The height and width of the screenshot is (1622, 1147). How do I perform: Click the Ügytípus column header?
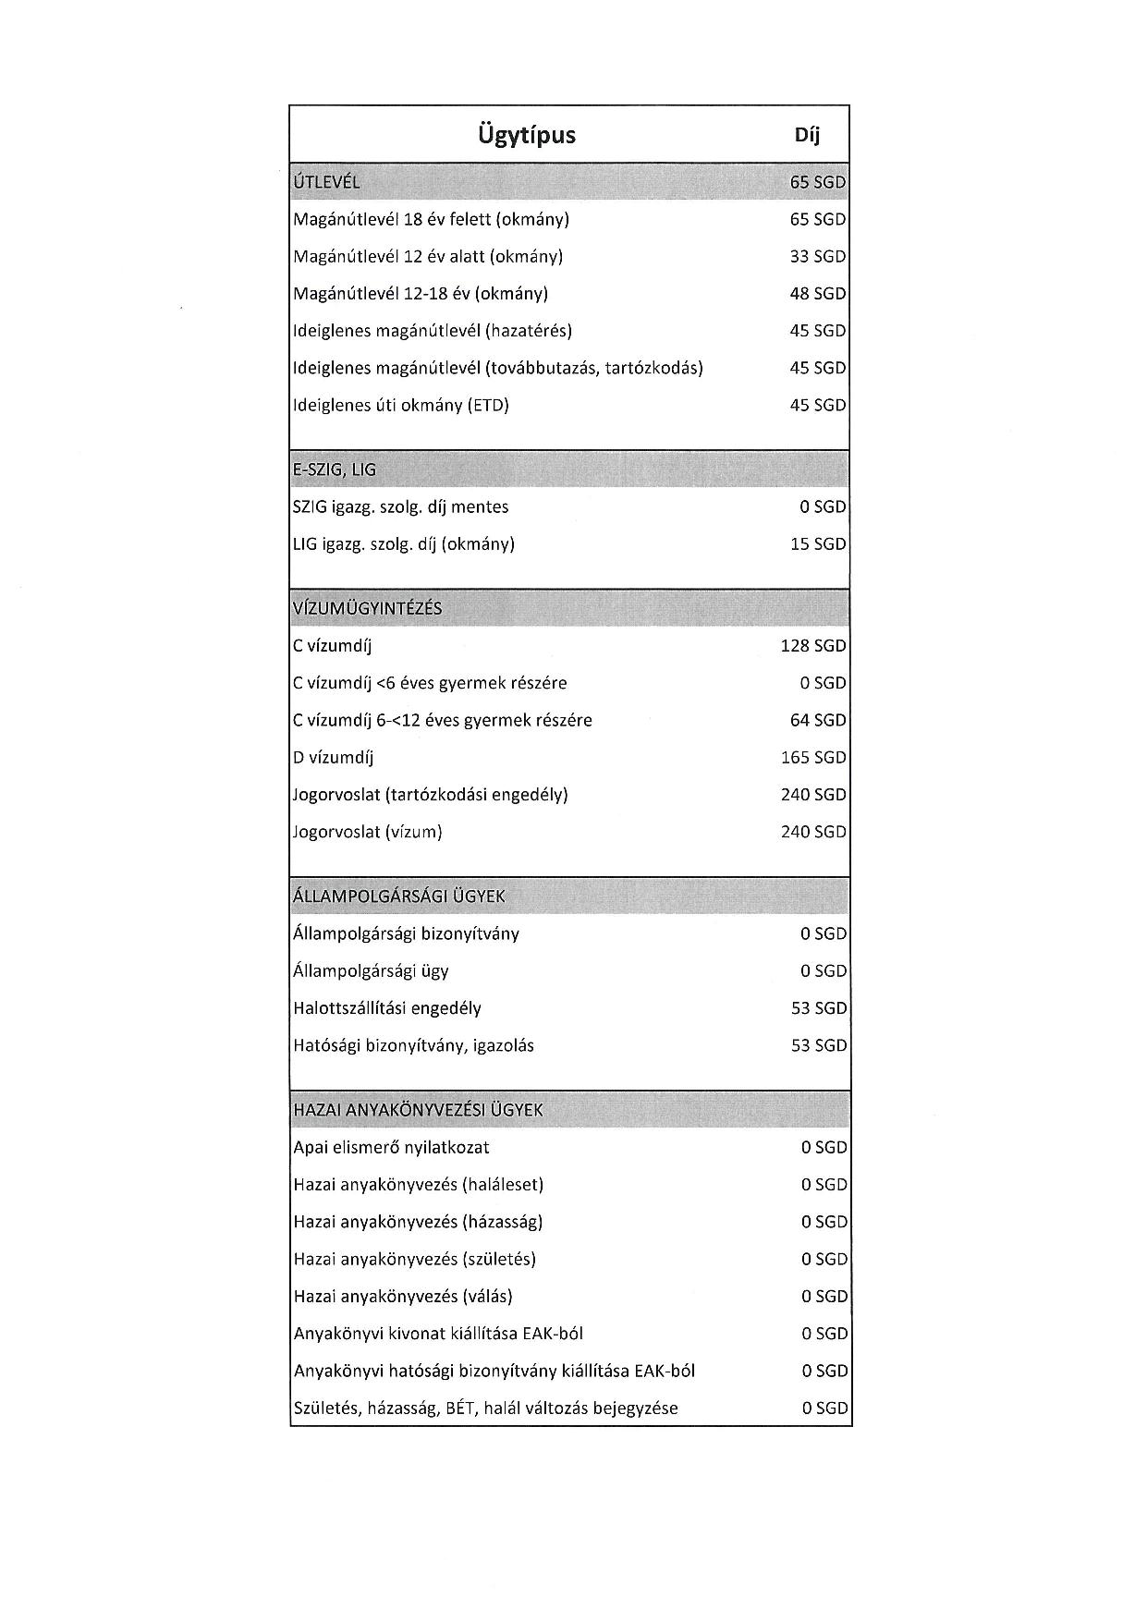point(527,135)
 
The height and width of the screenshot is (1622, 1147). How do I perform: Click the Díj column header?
point(807,135)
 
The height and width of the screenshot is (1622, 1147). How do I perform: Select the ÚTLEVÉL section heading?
point(326,182)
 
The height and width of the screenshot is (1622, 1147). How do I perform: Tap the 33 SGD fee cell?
point(817,256)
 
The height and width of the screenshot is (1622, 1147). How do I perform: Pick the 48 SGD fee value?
point(817,294)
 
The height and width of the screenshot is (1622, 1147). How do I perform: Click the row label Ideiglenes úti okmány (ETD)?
point(401,405)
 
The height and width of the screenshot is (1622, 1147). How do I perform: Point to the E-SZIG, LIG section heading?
point(335,470)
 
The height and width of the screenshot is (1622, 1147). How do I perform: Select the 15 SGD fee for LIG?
point(817,544)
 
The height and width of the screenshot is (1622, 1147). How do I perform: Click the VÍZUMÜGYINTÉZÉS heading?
point(367,609)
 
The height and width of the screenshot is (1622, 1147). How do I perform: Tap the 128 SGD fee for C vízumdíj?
point(812,646)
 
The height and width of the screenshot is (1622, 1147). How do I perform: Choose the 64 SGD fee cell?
point(817,720)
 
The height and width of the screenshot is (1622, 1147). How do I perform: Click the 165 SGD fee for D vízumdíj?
point(812,758)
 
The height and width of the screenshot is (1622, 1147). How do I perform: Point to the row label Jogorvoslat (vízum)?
point(368,832)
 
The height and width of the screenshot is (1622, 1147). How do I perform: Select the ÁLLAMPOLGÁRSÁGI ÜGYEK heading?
point(399,896)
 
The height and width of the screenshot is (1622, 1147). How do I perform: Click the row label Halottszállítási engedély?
point(387,1008)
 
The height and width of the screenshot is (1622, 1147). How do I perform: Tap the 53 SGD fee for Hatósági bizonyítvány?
point(818,1045)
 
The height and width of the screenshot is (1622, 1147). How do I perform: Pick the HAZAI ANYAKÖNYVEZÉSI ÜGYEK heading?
point(418,1110)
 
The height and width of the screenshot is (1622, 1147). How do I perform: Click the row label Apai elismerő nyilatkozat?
point(391,1147)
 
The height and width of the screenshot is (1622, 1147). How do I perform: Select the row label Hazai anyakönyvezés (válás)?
point(403,1296)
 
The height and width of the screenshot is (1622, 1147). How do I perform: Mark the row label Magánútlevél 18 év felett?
point(431,219)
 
